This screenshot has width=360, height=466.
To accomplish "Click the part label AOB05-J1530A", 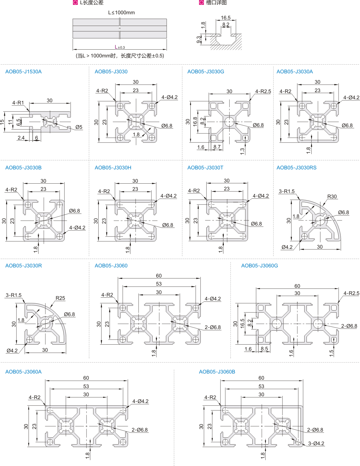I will point(23,72).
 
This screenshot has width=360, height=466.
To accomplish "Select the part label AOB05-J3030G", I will point(206,72).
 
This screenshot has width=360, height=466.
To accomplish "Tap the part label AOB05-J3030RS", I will point(296,168).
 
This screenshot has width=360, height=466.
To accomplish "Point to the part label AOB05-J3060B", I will point(217,372).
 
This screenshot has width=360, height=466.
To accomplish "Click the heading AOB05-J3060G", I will point(259,266).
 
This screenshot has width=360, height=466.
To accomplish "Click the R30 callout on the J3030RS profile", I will point(332,197).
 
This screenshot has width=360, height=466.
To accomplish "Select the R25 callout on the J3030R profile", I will point(60,298).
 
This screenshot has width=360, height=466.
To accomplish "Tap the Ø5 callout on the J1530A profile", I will point(79,127).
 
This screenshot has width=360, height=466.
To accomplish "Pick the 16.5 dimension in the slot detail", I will point(226,18).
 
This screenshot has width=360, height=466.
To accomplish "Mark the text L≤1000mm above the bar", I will point(121,13).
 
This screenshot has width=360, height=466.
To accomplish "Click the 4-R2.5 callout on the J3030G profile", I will point(263,92).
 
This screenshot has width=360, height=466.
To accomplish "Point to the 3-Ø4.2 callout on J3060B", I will point(316,444).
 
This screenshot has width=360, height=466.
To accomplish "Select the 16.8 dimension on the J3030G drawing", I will point(195,122).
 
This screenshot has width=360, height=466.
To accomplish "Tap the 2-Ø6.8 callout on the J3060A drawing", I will point(139,430).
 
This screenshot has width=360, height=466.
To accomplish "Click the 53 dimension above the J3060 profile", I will point(159,284).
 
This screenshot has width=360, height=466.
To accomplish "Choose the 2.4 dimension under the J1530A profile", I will point(21,138).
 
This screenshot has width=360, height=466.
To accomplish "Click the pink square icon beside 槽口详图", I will point(201,3).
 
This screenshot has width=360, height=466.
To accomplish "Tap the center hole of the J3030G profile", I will point(229,122).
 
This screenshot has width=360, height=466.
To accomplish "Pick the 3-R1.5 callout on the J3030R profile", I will point(14,295).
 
